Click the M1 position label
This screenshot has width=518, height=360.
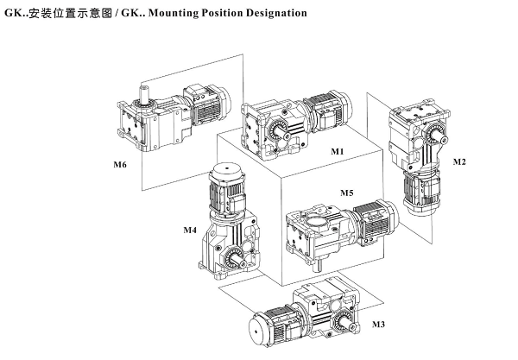tap(338, 151)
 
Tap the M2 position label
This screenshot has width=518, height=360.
tap(459, 161)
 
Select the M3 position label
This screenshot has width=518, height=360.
tap(378, 324)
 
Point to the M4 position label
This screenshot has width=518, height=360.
tap(190, 230)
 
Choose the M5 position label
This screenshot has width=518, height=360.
tap(346, 192)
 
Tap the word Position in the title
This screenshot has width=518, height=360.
tap(221, 14)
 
